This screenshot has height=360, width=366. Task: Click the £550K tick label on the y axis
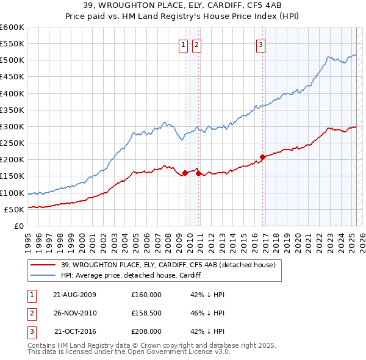[x=12, y=44]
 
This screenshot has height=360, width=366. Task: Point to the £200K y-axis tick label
[x=12, y=159]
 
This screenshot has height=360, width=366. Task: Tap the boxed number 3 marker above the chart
[x=260, y=44]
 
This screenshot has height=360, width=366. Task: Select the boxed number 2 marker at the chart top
[x=196, y=44]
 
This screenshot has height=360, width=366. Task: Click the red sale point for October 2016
[x=262, y=157]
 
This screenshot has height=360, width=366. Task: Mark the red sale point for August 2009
[x=185, y=173]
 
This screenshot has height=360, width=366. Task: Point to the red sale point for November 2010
[x=199, y=173]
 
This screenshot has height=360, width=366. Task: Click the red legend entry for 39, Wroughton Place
[x=168, y=265]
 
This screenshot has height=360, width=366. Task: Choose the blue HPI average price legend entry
[x=131, y=275]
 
